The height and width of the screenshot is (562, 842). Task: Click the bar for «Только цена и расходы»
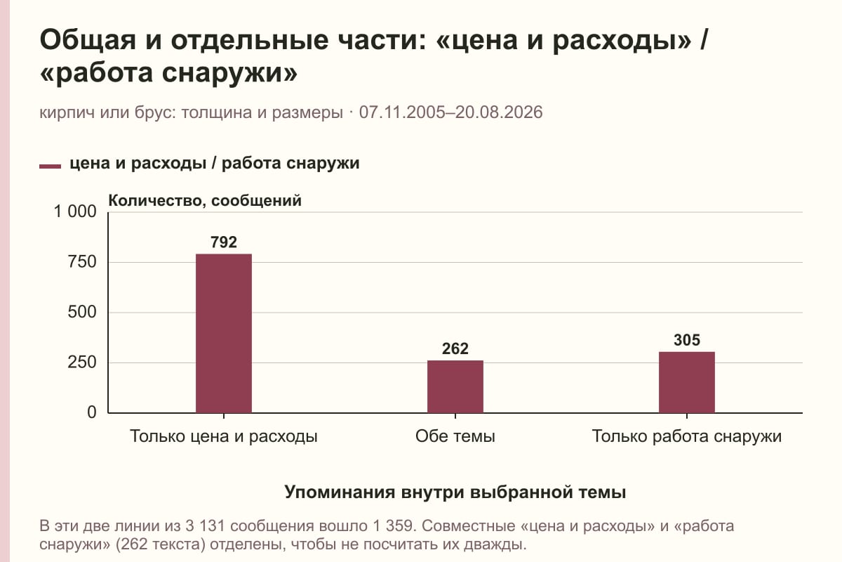click(x=224, y=333)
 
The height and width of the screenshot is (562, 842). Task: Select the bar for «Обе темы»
click(x=455, y=386)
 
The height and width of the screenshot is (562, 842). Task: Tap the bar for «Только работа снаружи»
click(x=687, y=382)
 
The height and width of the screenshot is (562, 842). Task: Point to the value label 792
click(x=224, y=242)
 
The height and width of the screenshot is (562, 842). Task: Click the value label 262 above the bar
click(x=455, y=348)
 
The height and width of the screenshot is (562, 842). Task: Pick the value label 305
click(x=687, y=340)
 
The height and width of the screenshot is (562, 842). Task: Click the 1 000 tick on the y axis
click(x=75, y=211)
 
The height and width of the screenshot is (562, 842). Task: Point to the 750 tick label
click(x=82, y=262)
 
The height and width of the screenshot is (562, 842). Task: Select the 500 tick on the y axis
click(x=82, y=312)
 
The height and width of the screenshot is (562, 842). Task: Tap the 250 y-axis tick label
click(x=82, y=362)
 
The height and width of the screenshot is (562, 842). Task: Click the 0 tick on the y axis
click(x=92, y=412)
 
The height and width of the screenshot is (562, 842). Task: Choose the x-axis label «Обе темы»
click(x=455, y=436)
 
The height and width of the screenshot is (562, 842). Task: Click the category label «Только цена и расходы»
click(x=224, y=436)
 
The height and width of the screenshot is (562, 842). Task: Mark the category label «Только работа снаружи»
click(x=687, y=436)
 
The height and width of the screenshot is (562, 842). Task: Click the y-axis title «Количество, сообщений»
click(x=205, y=200)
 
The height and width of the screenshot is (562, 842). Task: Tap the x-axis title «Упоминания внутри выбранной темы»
click(x=455, y=492)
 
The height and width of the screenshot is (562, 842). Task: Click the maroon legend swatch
click(x=50, y=166)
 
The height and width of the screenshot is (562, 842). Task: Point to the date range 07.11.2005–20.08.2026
click(x=450, y=112)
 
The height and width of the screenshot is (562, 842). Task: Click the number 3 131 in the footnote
click(x=208, y=526)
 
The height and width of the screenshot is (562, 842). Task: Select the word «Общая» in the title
click(x=88, y=40)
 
